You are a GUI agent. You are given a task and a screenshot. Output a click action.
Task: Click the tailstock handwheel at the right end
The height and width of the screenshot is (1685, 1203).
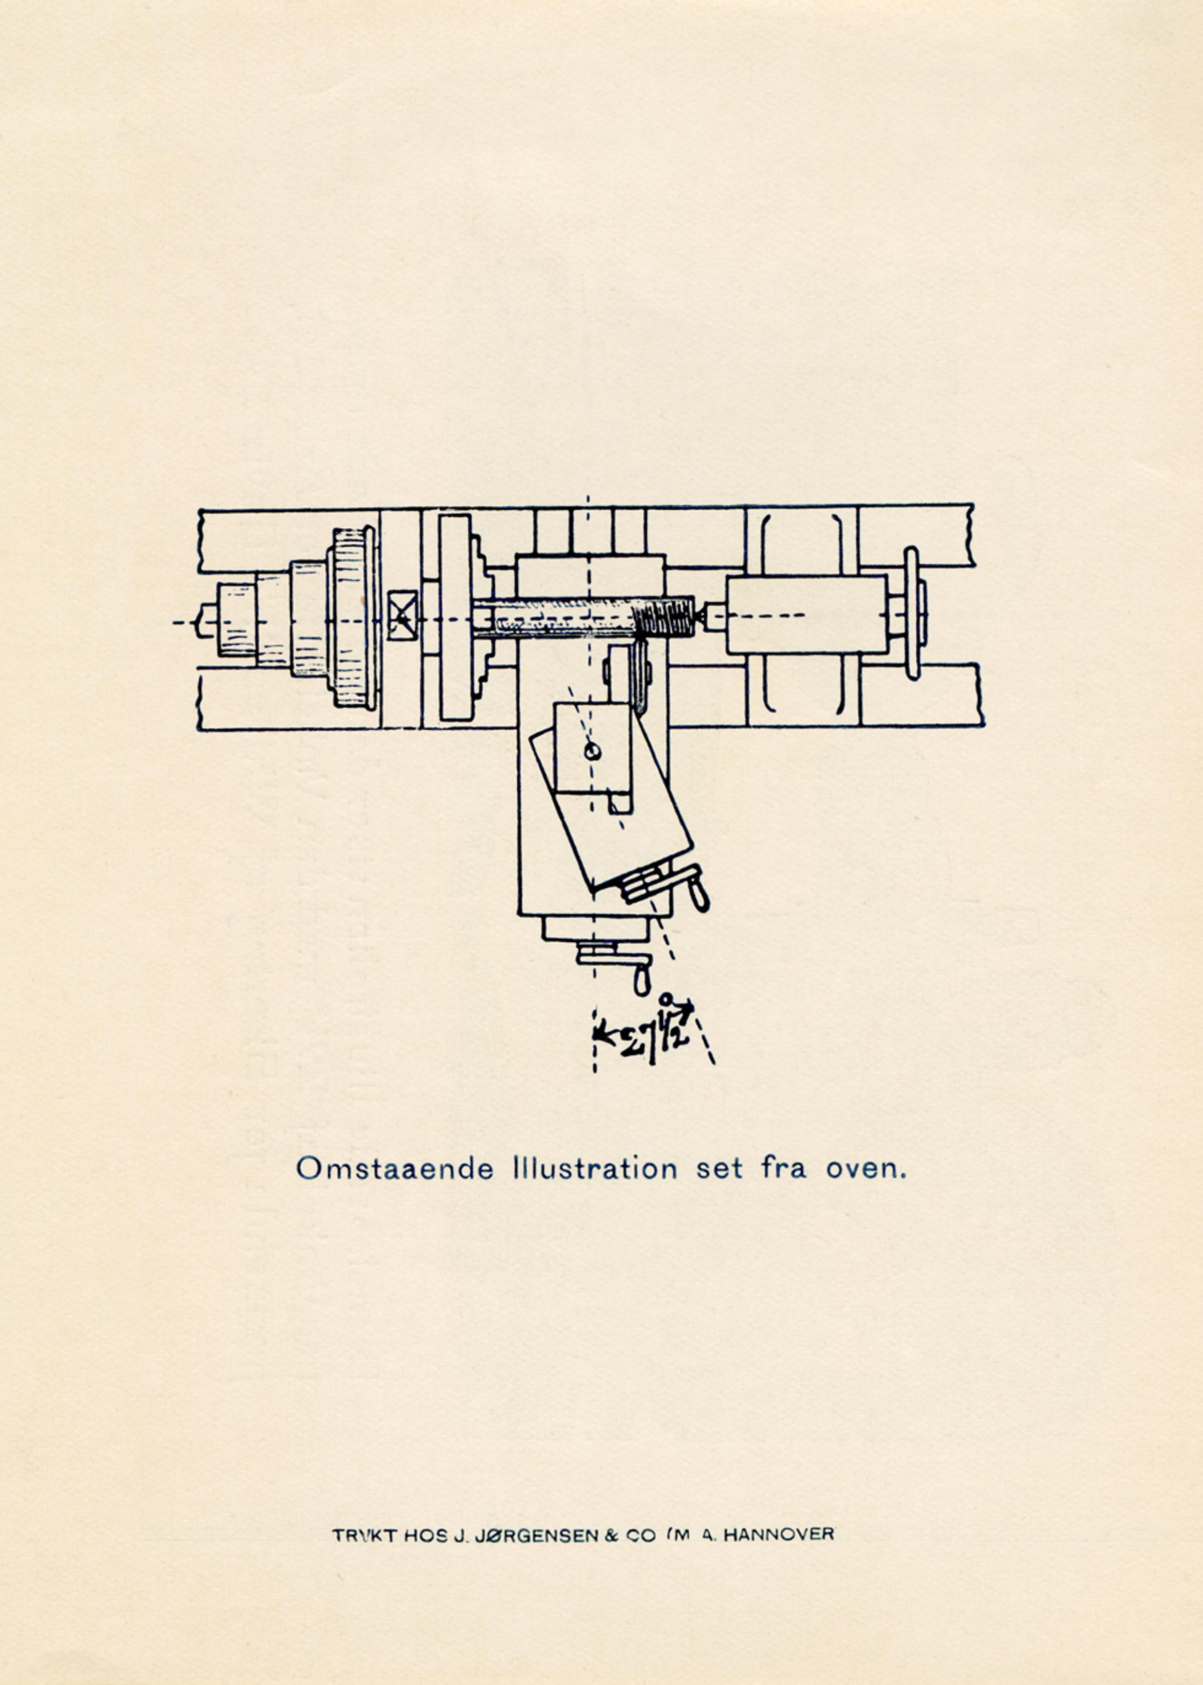click(x=913, y=613)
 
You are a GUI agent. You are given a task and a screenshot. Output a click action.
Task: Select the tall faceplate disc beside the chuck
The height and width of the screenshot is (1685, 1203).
click(x=455, y=617)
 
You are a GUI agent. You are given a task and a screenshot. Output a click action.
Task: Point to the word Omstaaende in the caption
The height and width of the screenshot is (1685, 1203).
click(x=394, y=1169)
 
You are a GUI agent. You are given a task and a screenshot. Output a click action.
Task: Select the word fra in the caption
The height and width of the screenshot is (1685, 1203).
click(x=784, y=1169)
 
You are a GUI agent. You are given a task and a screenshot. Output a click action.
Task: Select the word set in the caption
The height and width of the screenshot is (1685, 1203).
click(x=718, y=1169)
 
